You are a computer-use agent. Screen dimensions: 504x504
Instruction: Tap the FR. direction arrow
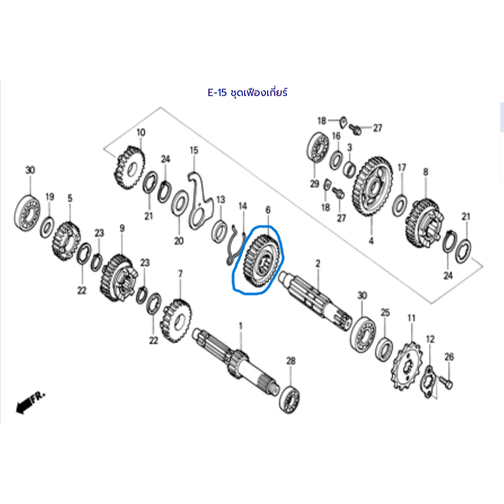click(x=30, y=402)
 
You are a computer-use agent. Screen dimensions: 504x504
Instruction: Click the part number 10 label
click(x=141, y=132)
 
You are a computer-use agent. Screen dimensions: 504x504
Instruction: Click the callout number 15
click(x=194, y=150)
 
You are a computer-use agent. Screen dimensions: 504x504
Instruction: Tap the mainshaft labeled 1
click(x=236, y=361)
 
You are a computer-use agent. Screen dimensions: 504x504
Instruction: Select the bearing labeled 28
click(x=289, y=399)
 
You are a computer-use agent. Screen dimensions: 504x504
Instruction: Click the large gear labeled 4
click(x=372, y=186)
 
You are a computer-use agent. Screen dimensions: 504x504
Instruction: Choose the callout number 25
click(x=385, y=312)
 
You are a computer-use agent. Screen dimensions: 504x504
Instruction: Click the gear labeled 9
click(x=118, y=278)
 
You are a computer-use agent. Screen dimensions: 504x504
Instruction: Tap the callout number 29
click(x=315, y=184)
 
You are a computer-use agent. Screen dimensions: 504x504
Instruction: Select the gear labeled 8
click(x=424, y=223)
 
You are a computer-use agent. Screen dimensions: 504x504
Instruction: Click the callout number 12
click(x=430, y=339)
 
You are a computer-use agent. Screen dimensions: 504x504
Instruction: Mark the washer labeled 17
click(x=399, y=205)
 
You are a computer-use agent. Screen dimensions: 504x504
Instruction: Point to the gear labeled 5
click(x=66, y=241)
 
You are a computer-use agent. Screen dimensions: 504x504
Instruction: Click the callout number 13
click(x=220, y=200)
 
